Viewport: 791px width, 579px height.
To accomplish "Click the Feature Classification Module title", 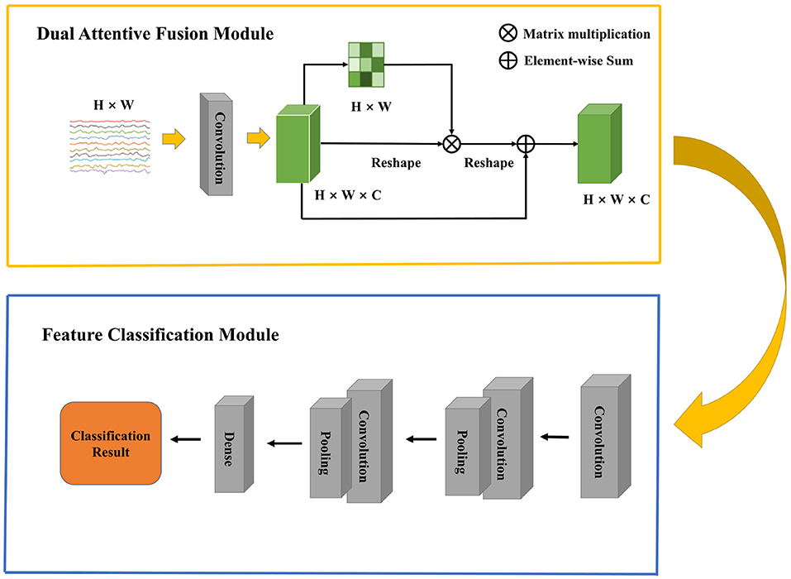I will (x=161, y=336).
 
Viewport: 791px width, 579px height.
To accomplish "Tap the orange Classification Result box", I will (x=110, y=443).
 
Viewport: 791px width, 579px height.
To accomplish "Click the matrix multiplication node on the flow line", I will (x=451, y=144).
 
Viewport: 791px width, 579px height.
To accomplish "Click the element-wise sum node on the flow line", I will (x=526, y=144).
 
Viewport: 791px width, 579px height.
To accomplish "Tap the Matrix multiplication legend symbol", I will (x=507, y=34).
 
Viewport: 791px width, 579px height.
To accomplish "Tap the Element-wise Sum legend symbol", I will (x=507, y=60).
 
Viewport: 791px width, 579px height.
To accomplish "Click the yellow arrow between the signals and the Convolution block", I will (x=172, y=141).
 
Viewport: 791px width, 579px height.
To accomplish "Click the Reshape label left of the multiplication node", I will (x=397, y=163).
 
